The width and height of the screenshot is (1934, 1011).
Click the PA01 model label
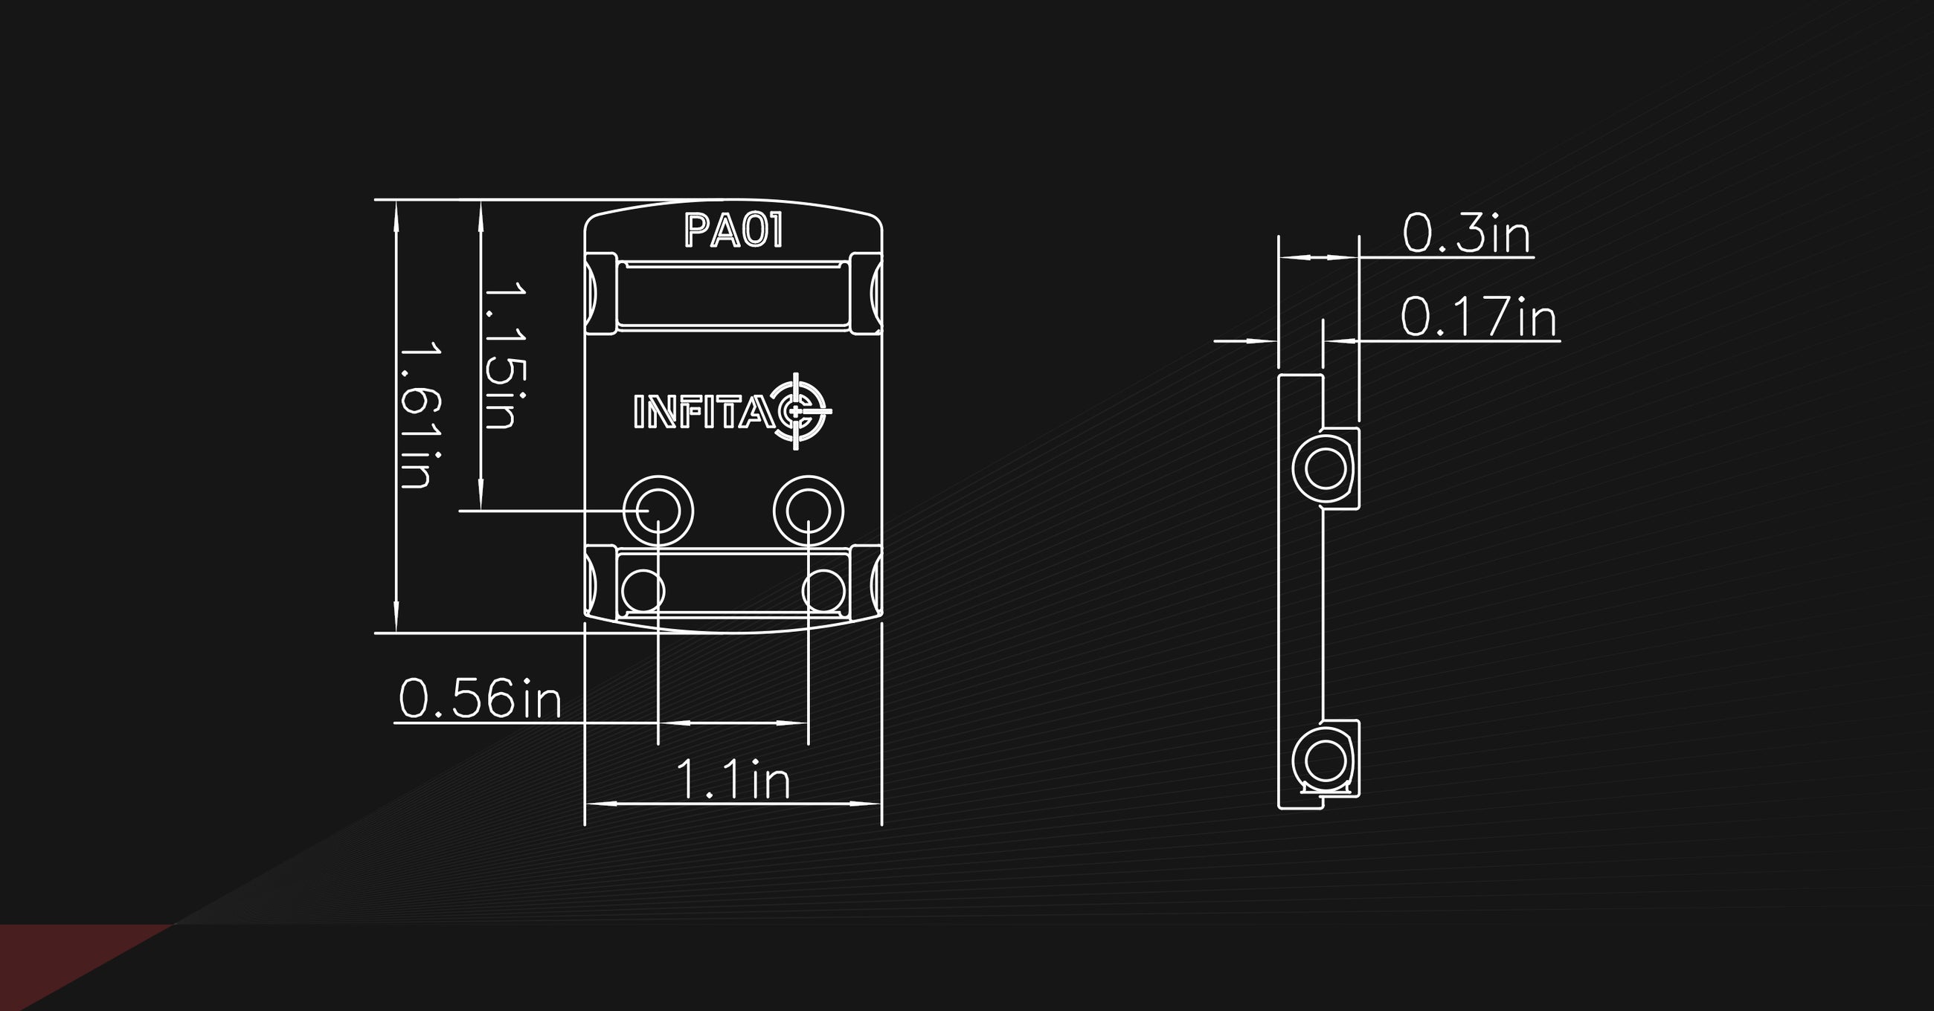[733, 230]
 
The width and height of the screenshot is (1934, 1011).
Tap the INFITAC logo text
[704, 412]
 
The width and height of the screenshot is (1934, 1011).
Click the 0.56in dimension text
[480, 699]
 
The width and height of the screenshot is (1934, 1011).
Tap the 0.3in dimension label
[1466, 233]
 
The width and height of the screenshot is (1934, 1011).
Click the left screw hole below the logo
[658, 511]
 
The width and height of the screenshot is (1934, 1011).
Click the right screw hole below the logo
[809, 511]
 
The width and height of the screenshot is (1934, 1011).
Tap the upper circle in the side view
[1324, 468]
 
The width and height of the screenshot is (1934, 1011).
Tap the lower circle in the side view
[1324, 760]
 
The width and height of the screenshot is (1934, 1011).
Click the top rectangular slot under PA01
[733, 295]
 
